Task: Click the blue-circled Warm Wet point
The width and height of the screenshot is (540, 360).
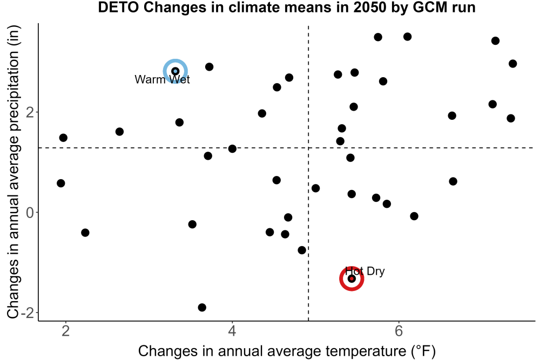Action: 175,71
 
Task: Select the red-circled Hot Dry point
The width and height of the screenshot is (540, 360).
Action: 352,279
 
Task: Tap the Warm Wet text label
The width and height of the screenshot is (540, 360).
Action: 162,79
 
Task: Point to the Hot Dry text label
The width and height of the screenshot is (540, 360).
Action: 364,271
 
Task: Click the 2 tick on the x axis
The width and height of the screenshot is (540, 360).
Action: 65,331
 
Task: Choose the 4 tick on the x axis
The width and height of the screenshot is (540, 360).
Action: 232,331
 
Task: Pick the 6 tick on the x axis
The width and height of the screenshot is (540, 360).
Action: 399,331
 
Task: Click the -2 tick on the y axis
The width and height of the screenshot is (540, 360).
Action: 28,313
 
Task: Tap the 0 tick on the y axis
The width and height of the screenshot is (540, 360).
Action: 30,213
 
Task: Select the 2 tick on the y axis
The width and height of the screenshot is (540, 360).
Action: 30,112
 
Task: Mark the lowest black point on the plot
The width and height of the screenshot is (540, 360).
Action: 202,307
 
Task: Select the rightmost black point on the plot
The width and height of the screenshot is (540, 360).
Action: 513,64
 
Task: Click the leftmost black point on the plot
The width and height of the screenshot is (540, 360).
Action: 60,183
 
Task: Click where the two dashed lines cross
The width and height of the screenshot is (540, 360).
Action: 308,148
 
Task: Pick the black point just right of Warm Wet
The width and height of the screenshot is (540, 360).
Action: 209,67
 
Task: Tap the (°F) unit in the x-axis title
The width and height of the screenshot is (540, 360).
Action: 423,351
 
